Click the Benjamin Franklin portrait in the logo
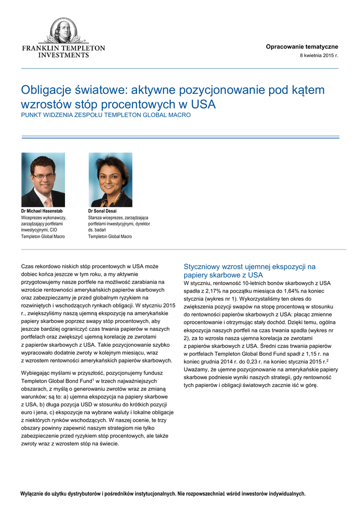pos(63,31)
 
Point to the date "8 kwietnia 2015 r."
pos(318,55)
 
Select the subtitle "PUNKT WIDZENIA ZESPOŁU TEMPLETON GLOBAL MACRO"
pos(105,115)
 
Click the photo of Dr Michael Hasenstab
pos(43,180)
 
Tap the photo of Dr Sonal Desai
pos(110,180)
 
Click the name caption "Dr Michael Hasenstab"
pos(42,211)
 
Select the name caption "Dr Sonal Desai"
pos(102,211)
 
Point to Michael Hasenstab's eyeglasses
pos(43,176)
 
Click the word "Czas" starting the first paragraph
pos(28,266)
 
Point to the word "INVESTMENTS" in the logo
pos(64,55)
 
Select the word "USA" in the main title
pos(204,105)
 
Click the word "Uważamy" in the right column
pos(196,370)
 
